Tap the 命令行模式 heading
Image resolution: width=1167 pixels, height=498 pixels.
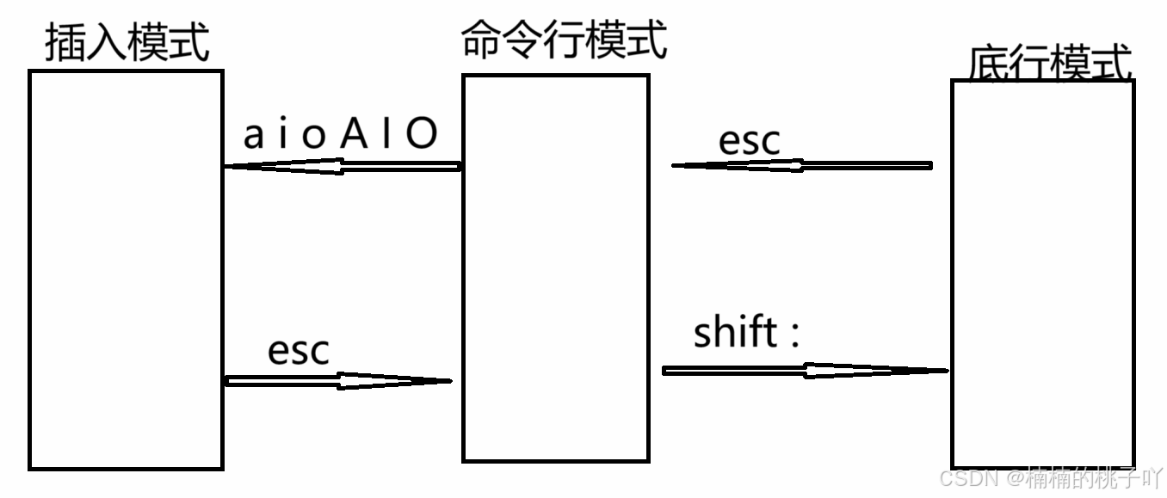click(x=564, y=40)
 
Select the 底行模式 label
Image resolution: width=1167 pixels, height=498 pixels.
click(x=1049, y=62)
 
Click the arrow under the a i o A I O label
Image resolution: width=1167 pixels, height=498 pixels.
click(x=343, y=166)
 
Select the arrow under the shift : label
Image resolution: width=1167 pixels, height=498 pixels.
click(x=806, y=371)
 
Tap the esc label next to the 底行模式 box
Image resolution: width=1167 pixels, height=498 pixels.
click(x=749, y=141)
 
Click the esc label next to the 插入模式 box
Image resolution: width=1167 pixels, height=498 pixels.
click(x=299, y=351)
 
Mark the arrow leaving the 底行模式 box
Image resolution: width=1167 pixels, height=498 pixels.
click(x=801, y=165)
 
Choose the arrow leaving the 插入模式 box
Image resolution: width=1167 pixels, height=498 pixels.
click(x=338, y=380)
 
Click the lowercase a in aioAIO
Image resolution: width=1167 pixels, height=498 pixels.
click(x=253, y=136)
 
